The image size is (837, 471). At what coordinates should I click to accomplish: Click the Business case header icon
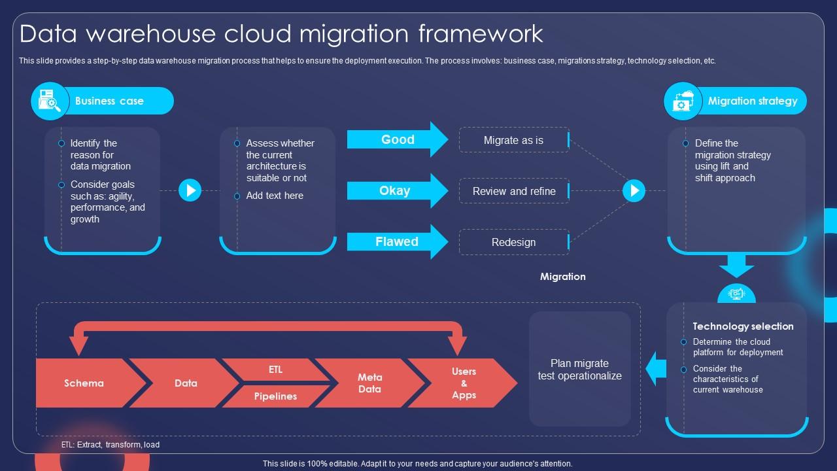pyautogui.click(x=50, y=101)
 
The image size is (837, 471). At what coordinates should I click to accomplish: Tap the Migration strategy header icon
pyautogui.click(x=683, y=101)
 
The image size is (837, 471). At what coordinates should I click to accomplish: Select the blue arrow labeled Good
pyautogui.click(x=398, y=139)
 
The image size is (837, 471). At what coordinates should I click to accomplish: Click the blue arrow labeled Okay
pyautogui.click(x=398, y=190)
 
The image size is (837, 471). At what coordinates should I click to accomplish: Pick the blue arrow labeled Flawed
pyautogui.click(x=398, y=241)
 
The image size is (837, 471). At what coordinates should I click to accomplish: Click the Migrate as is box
pyautogui.click(x=514, y=140)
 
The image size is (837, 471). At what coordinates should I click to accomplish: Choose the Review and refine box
pyautogui.click(x=514, y=191)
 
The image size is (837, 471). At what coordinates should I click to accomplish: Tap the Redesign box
pyautogui.click(x=514, y=242)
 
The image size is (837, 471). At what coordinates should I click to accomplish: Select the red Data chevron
pyautogui.click(x=186, y=383)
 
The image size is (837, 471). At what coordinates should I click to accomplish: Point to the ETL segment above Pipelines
pyautogui.click(x=276, y=370)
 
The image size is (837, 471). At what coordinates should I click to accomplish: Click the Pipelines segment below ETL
pyautogui.click(x=276, y=396)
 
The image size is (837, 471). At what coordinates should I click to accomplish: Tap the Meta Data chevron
pyautogui.click(x=370, y=383)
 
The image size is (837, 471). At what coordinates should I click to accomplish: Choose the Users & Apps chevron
pyautogui.click(x=464, y=383)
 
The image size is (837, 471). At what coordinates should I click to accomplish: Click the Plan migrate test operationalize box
pyautogui.click(x=580, y=369)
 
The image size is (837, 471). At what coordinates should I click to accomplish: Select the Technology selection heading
pyautogui.click(x=743, y=326)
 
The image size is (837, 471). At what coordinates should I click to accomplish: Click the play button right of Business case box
pyautogui.click(x=190, y=190)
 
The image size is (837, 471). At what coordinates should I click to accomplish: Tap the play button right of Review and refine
pyautogui.click(x=634, y=190)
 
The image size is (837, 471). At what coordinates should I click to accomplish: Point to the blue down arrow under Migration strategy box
pyautogui.click(x=736, y=266)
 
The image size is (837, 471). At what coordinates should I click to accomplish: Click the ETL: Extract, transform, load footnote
pyautogui.click(x=111, y=444)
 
